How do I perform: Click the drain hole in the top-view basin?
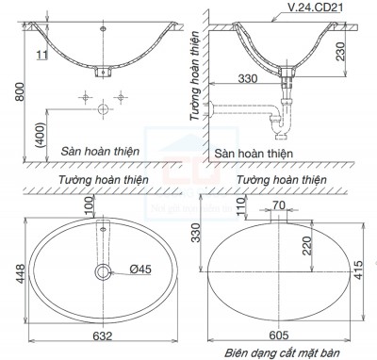tap(102, 271)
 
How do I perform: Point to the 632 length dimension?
tap(102, 335)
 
